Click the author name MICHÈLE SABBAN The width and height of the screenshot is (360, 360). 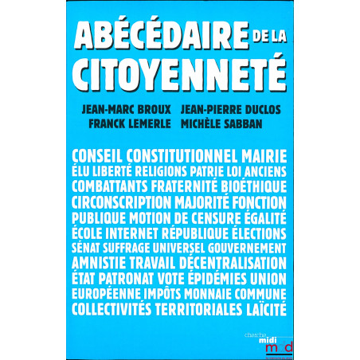click(231, 126)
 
